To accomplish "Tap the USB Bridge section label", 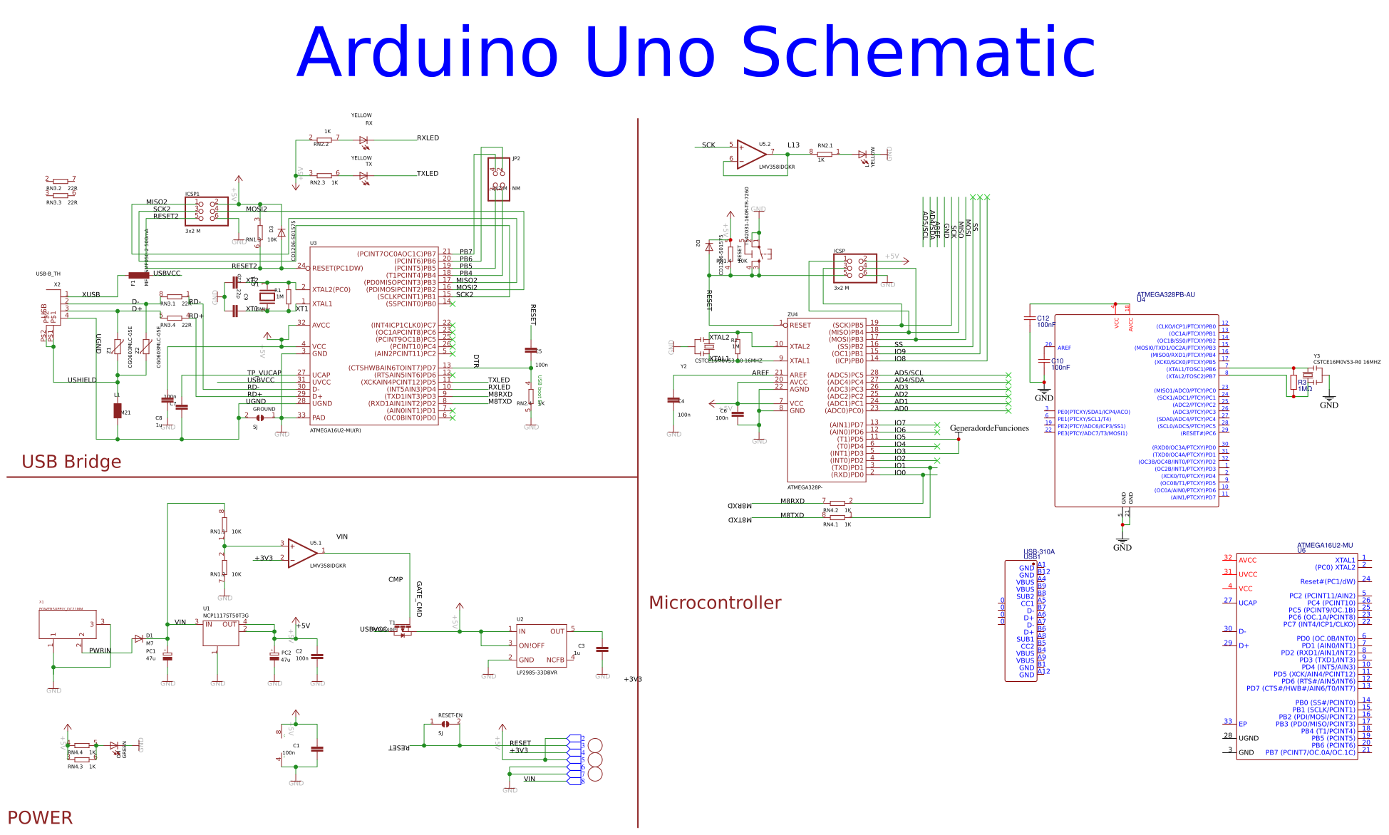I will (x=71, y=462).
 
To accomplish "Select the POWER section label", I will (x=40, y=817).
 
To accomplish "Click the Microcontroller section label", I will (x=715, y=603).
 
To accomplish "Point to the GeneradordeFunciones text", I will (x=989, y=428).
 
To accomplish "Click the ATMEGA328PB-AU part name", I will (x=1165, y=294).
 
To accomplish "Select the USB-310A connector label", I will (x=1038, y=551).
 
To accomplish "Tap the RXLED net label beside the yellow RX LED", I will (x=428, y=138).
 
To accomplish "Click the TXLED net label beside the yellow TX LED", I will (x=428, y=174).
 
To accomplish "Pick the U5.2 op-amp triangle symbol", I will (x=750, y=153).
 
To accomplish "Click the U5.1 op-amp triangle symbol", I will (x=301, y=552).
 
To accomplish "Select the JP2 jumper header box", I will (x=498, y=179).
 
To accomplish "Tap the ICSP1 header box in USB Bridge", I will (x=207, y=212).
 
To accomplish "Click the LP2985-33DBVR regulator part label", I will (x=537, y=673).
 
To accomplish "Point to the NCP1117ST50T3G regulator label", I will (x=226, y=616).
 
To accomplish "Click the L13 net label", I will (x=793, y=145).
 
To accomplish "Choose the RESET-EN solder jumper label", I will (x=450, y=715).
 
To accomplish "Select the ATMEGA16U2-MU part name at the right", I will (x=1324, y=545).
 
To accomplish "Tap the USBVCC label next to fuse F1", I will (x=167, y=274).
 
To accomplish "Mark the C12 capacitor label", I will (x=1043, y=318).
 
